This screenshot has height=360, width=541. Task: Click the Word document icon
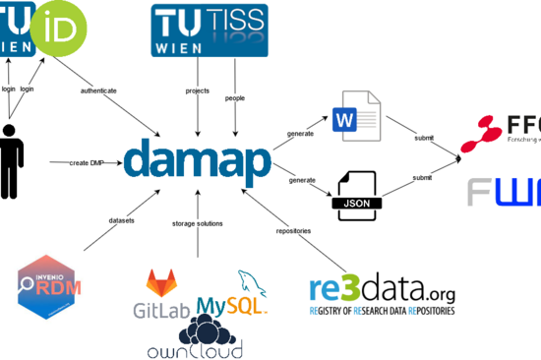click(x=355, y=116)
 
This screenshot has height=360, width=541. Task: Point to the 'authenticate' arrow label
click(x=98, y=90)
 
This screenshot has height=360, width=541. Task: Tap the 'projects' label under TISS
click(x=198, y=90)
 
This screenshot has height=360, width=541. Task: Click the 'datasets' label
click(x=122, y=219)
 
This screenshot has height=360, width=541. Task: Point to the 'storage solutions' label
click(x=198, y=223)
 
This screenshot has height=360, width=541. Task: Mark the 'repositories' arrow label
click(x=294, y=230)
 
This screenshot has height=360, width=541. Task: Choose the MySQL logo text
click(x=232, y=306)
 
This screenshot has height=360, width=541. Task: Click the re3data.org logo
click(x=381, y=295)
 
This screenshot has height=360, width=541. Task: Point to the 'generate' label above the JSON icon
click(x=302, y=180)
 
